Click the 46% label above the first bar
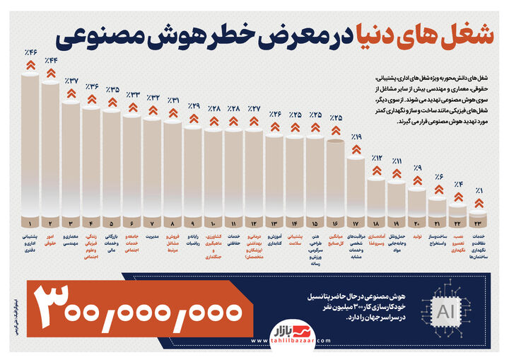tap(30, 52)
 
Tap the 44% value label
tap(51, 60)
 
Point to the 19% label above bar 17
tap(356, 137)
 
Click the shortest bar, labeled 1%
tap(479, 211)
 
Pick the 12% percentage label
tap(377, 158)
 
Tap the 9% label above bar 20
tap(418, 168)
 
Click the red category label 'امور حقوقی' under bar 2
tap(50, 240)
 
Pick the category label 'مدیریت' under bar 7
tap(152, 236)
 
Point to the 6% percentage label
tap(438, 177)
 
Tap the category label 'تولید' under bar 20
tap(417, 236)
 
